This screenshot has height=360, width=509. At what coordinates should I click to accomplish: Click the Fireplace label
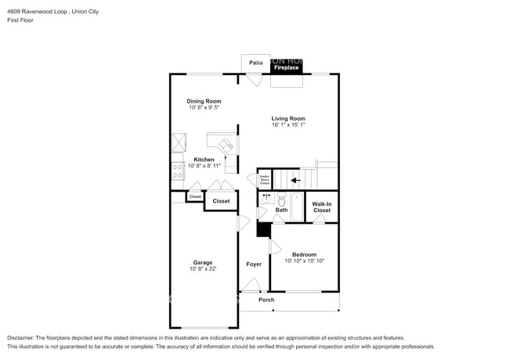(286, 68)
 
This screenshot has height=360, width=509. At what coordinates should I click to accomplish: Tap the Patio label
(255, 62)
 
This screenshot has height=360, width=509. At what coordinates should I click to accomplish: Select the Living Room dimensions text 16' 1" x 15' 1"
(288, 125)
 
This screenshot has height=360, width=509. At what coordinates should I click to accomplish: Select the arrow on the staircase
(296, 180)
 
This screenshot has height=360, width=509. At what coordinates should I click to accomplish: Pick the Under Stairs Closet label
(265, 180)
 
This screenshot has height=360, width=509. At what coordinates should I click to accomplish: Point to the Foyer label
(254, 265)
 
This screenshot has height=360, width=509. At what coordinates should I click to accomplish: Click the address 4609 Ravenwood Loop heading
(38, 12)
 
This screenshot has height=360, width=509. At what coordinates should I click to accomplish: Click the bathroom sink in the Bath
(266, 199)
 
